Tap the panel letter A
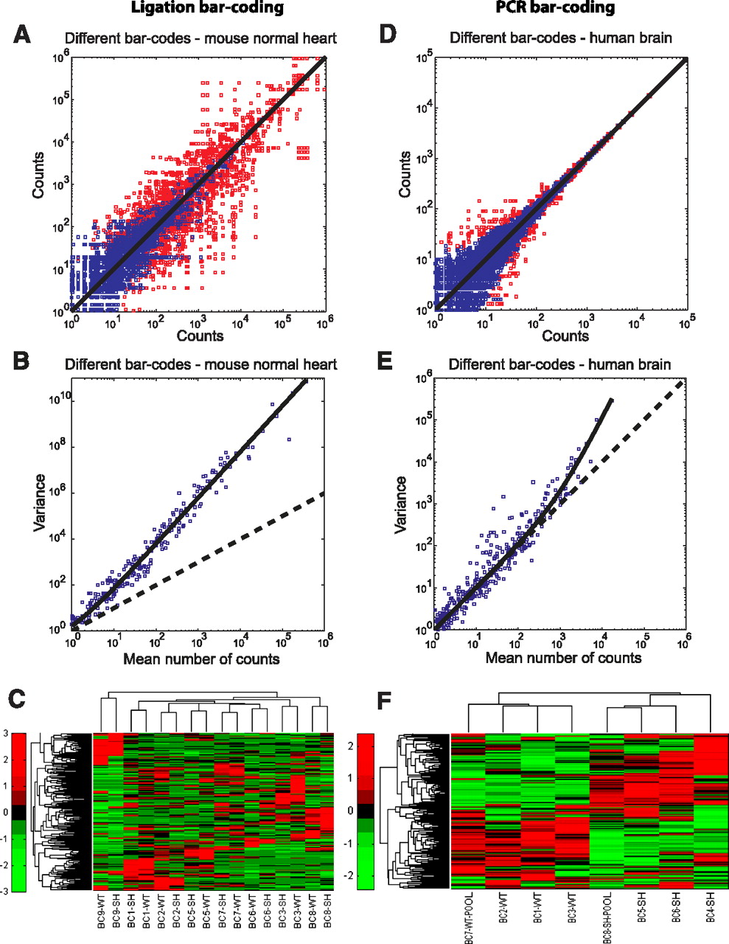(22, 34)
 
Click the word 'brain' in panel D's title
(652, 37)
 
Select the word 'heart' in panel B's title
(318, 364)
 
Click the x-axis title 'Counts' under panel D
(565, 336)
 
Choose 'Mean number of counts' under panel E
(563, 657)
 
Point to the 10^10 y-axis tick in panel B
(58, 399)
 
